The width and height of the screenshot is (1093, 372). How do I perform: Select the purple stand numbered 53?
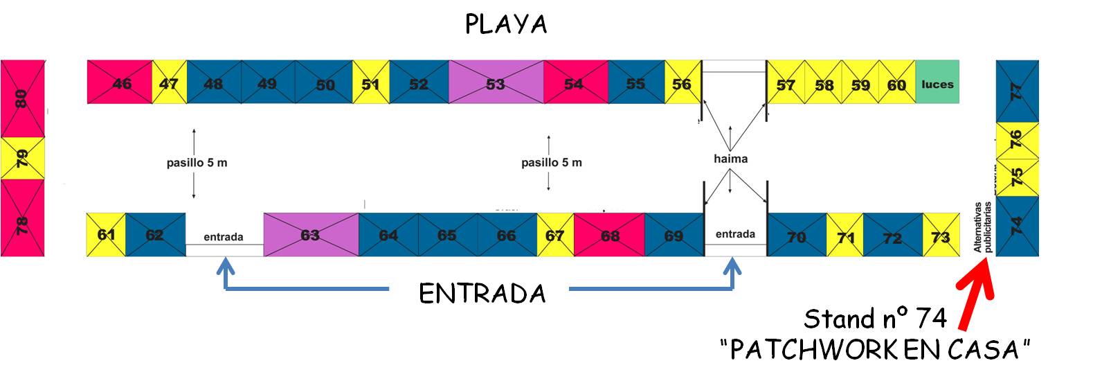pyautogui.click(x=496, y=82)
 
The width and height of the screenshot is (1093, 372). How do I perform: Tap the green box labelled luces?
pyautogui.click(x=937, y=82)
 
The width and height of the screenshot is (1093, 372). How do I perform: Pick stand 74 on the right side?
pyautogui.click(x=1017, y=226)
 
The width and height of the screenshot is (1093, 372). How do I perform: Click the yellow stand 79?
pyautogui.click(x=22, y=158)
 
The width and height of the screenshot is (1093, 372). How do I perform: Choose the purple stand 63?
pyautogui.click(x=311, y=234)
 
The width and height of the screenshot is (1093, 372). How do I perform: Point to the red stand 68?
pyautogui.click(x=609, y=234)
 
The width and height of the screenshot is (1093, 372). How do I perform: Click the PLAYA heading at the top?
pyautogui.click(x=506, y=25)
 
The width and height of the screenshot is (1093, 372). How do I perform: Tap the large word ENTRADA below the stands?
pyautogui.click(x=482, y=294)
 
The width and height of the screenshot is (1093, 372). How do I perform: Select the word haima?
pyautogui.click(x=730, y=159)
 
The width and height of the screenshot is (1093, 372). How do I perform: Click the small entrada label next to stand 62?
pyautogui.click(x=224, y=237)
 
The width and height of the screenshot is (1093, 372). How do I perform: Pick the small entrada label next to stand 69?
pyautogui.click(x=735, y=234)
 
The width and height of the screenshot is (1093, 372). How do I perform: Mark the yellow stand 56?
pyautogui.click(x=682, y=82)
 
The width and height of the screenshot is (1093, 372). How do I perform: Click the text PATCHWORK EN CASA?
pyautogui.click(x=875, y=350)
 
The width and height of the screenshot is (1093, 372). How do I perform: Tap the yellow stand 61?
pyautogui.click(x=106, y=234)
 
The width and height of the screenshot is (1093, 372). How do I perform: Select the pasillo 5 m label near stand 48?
pyautogui.click(x=197, y=163)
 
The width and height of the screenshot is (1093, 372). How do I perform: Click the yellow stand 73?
pyautogui.click(x=941, y=236)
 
